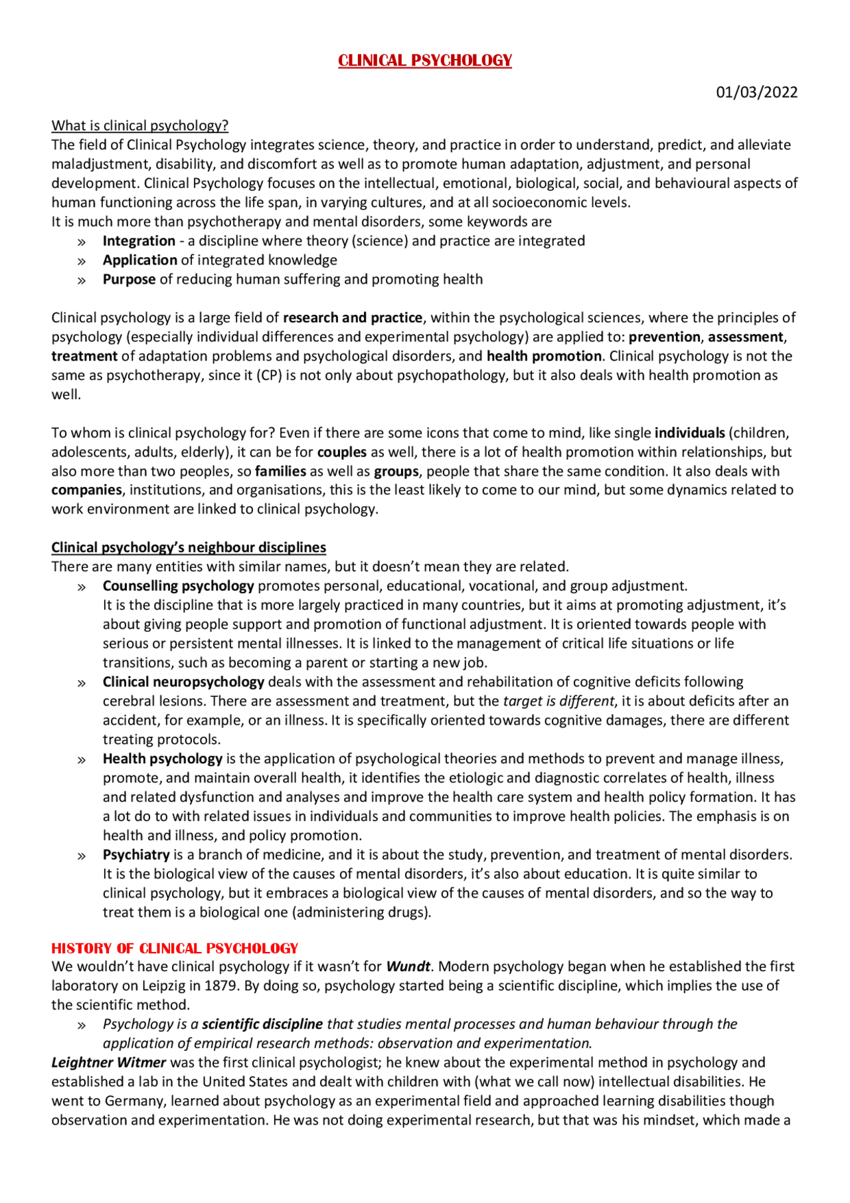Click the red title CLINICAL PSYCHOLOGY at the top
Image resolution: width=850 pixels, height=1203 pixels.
click(x=425, y=60)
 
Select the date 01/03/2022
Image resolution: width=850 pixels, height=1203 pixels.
click(x=756, y=92)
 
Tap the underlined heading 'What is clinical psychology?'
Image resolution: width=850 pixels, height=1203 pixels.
click(x=139, y=126)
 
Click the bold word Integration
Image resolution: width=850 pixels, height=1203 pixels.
click(x=139, y=241)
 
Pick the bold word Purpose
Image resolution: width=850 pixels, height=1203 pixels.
click(x=129, y=280)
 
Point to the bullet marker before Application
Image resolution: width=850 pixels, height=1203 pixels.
click(x=82, y=261)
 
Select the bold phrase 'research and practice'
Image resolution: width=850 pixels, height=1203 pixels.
click(x=353, y=318)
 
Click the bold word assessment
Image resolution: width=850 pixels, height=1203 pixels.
click(x=745, y=337)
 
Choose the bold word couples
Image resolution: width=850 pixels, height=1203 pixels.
click(x=342, y=452)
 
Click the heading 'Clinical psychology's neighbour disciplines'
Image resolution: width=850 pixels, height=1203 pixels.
click(x=189, y=547)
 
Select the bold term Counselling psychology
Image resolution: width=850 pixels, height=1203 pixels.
click(x=178, y=586)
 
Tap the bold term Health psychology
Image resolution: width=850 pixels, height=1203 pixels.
click(x=162, y=759)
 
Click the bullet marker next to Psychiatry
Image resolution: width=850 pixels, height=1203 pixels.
click(x=82, y=856)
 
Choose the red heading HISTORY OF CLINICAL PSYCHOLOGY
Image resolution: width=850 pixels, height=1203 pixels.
click(x=175, y=948)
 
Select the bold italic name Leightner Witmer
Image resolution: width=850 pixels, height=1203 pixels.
click(x=109, y=1063)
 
